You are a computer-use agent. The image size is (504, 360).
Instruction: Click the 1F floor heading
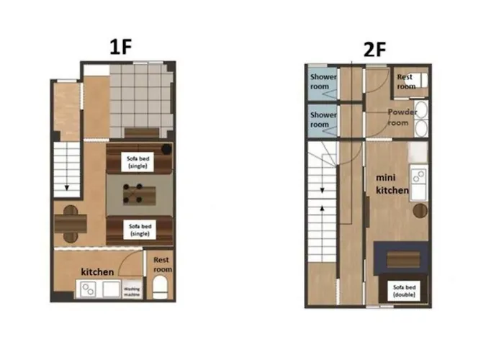[121, 47]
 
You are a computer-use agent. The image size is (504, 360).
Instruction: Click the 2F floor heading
[374, 50]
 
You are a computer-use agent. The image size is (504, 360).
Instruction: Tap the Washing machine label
[132, 292]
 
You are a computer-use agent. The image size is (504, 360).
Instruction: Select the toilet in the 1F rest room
[160, 287]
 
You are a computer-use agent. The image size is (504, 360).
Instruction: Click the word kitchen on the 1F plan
[97, 272]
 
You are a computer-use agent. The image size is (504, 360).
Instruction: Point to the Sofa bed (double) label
[404, 291]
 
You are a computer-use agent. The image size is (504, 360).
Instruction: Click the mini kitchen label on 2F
[392, 184]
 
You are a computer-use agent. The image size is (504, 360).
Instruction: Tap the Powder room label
[402, 117]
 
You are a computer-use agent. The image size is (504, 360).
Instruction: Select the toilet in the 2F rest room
[421, 81]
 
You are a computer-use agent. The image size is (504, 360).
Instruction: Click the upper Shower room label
[323, 81]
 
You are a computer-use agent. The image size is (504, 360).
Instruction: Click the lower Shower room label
[323, 120]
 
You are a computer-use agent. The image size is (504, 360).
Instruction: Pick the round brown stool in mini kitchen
[420, 211]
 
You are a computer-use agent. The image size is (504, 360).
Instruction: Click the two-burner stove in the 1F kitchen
[88, 289]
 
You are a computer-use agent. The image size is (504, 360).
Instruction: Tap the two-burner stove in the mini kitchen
[418, 176]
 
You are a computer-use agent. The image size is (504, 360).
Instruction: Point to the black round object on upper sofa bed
[166, 149]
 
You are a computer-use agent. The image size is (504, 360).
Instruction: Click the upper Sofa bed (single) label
[138, 162]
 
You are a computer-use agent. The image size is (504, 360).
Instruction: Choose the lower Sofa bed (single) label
[140, 230]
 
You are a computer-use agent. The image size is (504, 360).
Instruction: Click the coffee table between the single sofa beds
[140, 194]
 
